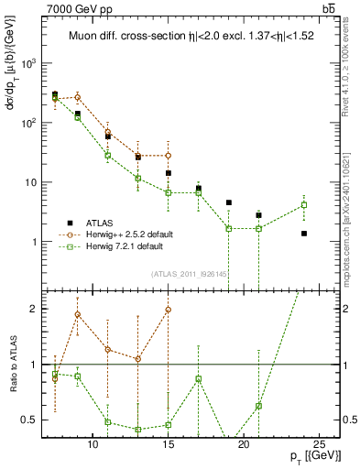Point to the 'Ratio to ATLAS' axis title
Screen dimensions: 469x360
point(12,365)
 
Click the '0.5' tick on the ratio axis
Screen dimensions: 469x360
point(30,420)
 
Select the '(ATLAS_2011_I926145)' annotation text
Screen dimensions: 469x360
point(189,273)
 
